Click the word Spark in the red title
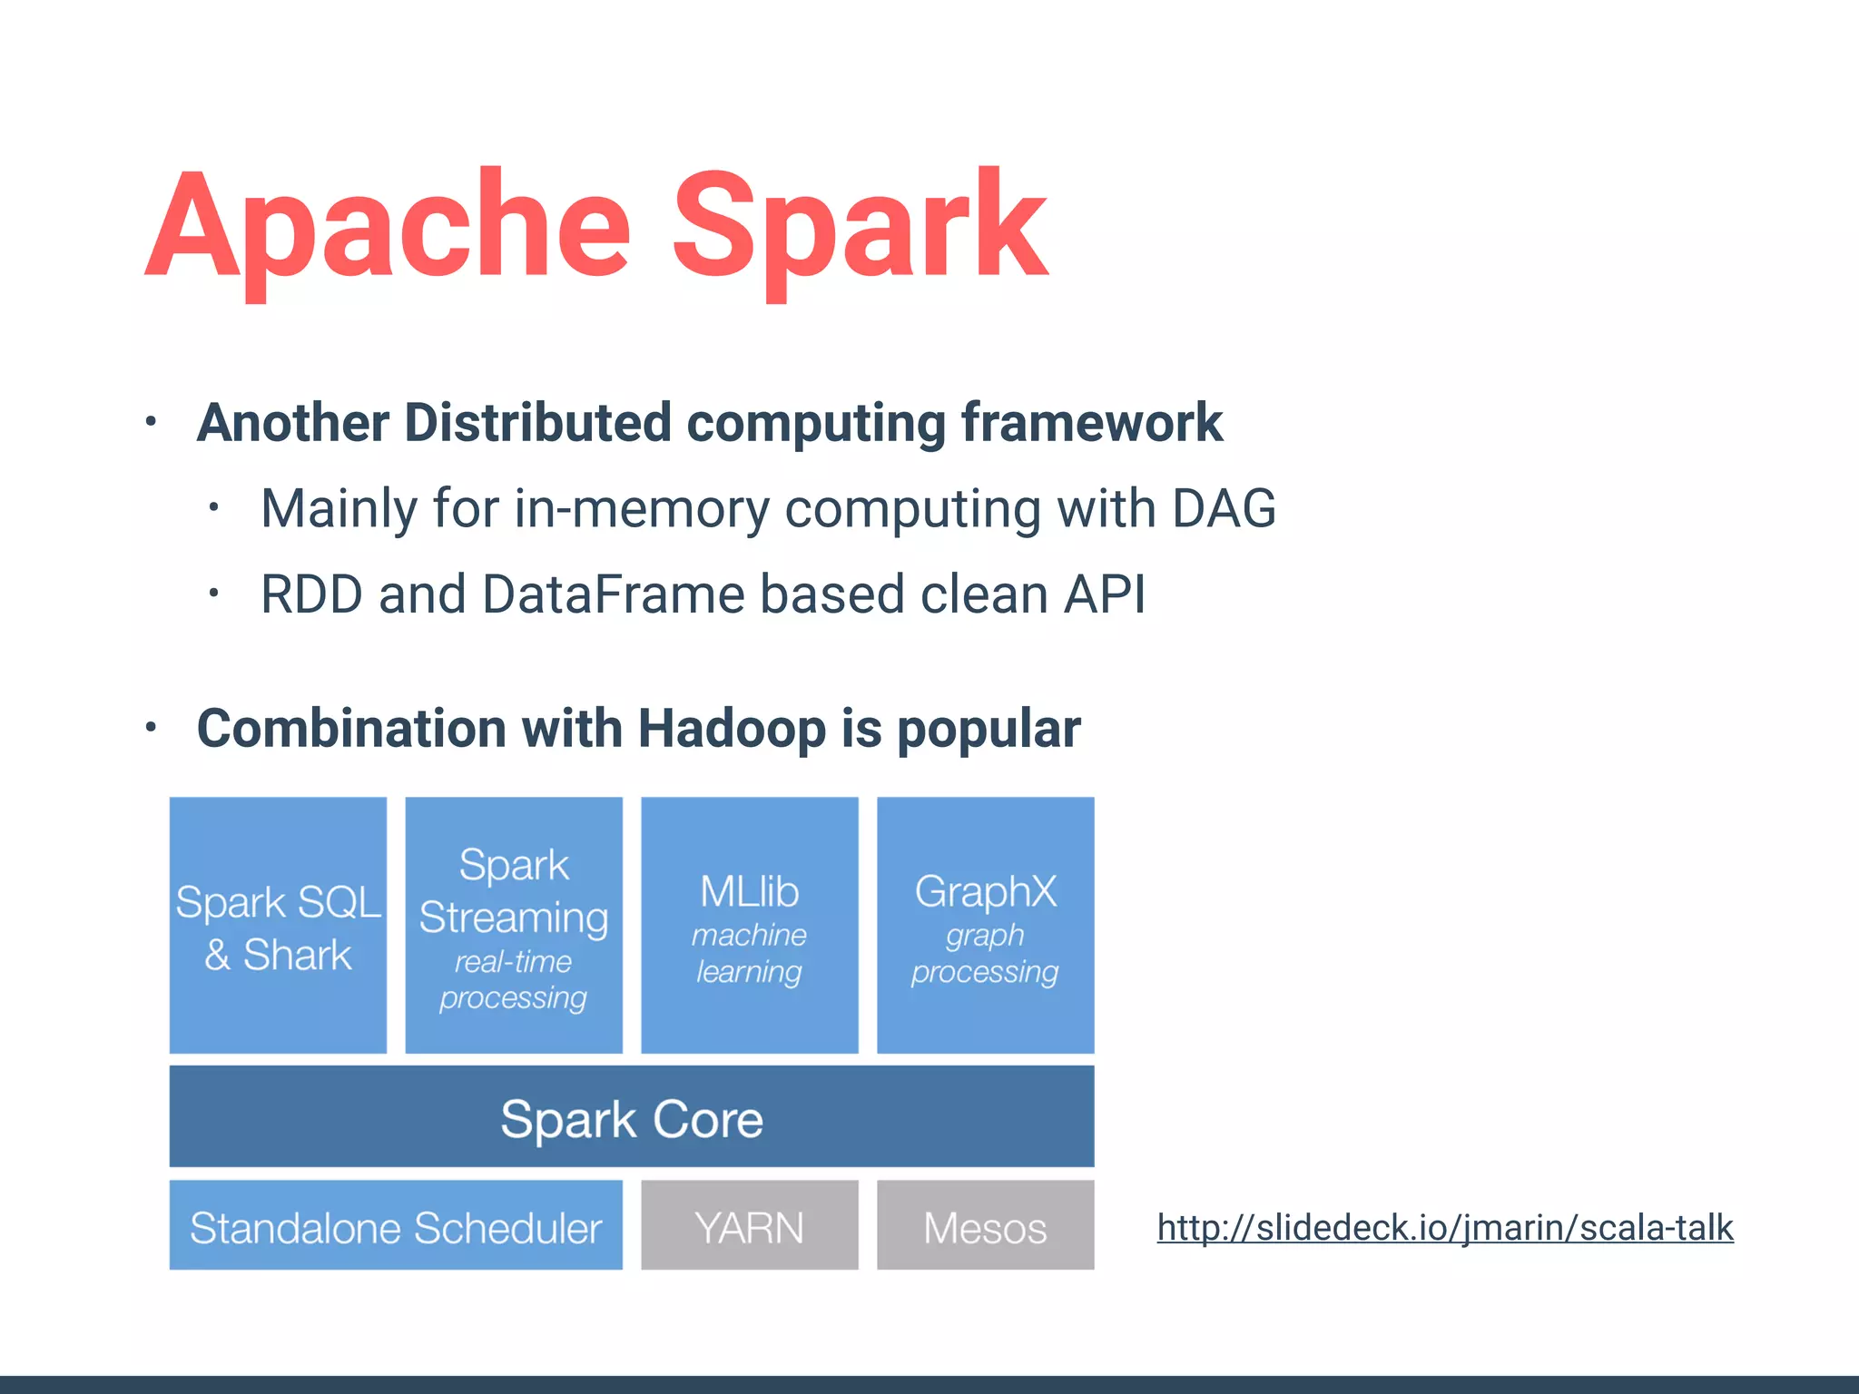859,227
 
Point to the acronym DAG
1224,508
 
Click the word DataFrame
613,594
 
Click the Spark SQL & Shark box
278,926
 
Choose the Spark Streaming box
514,926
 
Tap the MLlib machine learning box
750,926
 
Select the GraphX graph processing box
985,926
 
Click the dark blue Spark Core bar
632,1117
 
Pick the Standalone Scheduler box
396,1226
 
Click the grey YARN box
750,1226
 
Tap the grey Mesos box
985,1226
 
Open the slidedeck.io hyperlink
1445,1228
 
